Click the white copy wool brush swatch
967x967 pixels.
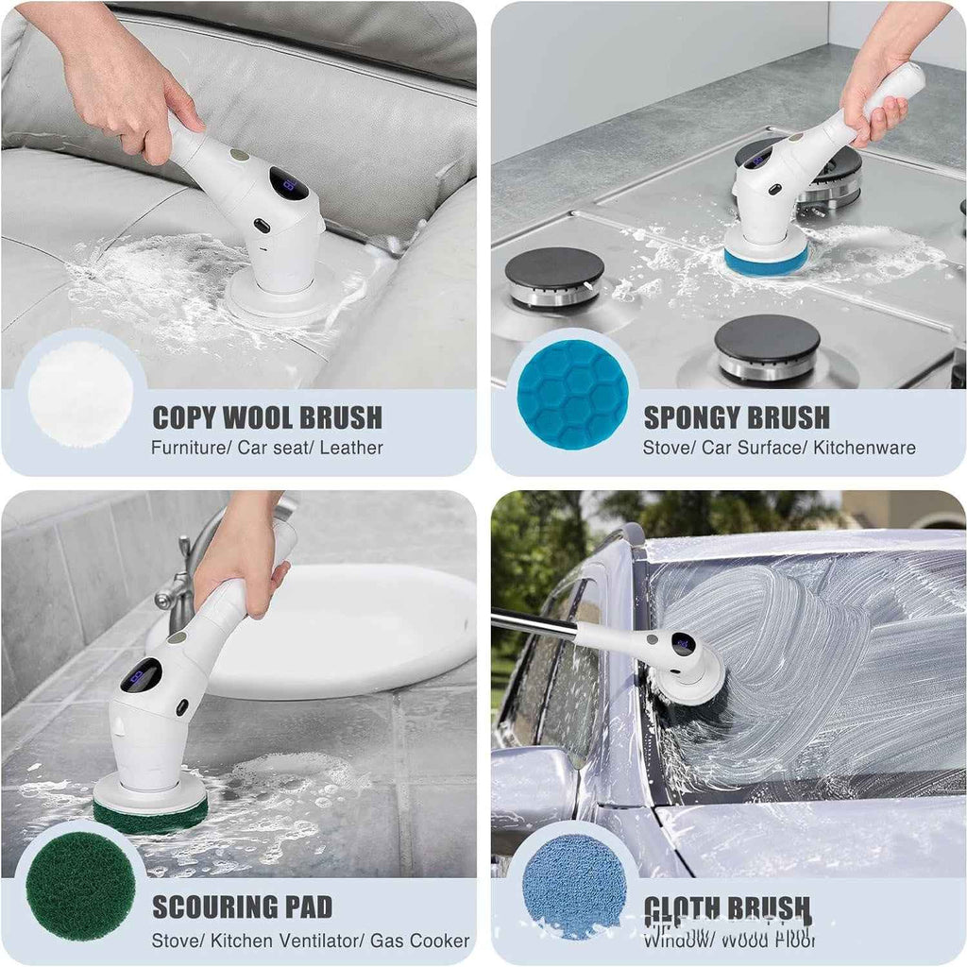pyautogui.click(x=80, y=393)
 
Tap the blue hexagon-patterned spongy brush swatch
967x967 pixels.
pyautogui.click(x=572, y=394)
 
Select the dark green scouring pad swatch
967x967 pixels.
pyautogui.click(x=80, y=886)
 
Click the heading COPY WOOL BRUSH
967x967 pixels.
pyautogui.click(x=267, y=417)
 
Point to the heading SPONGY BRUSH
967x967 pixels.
pyautogui.click(x=737, y=417)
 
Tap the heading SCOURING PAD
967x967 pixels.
pyautogui.click(x=243, y=908)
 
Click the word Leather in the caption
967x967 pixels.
pyautogui.click(x=351, y=448)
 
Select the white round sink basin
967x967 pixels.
pyautogui.click(x=340, y=633)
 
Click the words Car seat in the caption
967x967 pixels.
pyautogui.click(x=273, y=448)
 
